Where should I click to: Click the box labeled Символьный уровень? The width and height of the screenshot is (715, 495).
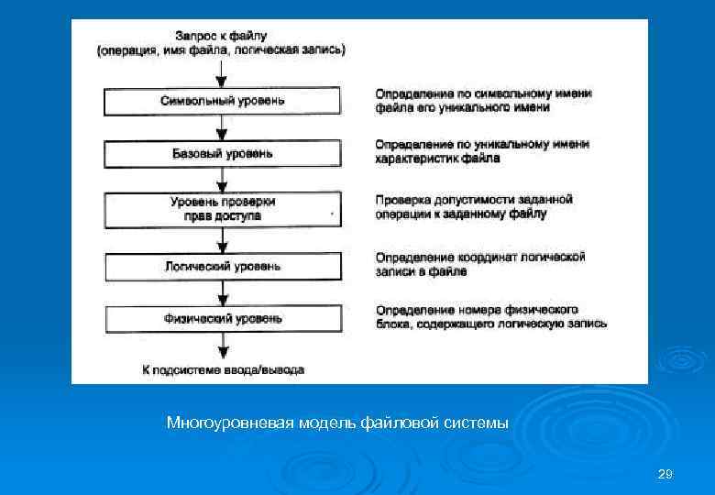point(223,101)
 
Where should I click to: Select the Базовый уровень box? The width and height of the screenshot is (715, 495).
point(223,153)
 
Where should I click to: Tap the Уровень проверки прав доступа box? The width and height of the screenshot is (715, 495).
point(223,208)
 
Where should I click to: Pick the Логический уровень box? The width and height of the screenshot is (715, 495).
point(223,267)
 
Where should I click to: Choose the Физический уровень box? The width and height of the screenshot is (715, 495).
point(223,319)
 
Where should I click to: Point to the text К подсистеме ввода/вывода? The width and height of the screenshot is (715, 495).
point(223,369)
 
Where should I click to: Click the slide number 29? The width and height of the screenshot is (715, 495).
point(665,474)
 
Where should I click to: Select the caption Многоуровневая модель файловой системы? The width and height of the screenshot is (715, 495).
point(337,423)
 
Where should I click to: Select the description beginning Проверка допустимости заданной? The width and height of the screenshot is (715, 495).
point(474,206)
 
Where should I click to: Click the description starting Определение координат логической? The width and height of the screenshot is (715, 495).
point(479,264)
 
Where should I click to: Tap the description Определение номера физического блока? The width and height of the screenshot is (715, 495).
point(490,316)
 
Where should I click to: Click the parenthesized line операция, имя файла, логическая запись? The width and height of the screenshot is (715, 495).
point(222,49)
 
